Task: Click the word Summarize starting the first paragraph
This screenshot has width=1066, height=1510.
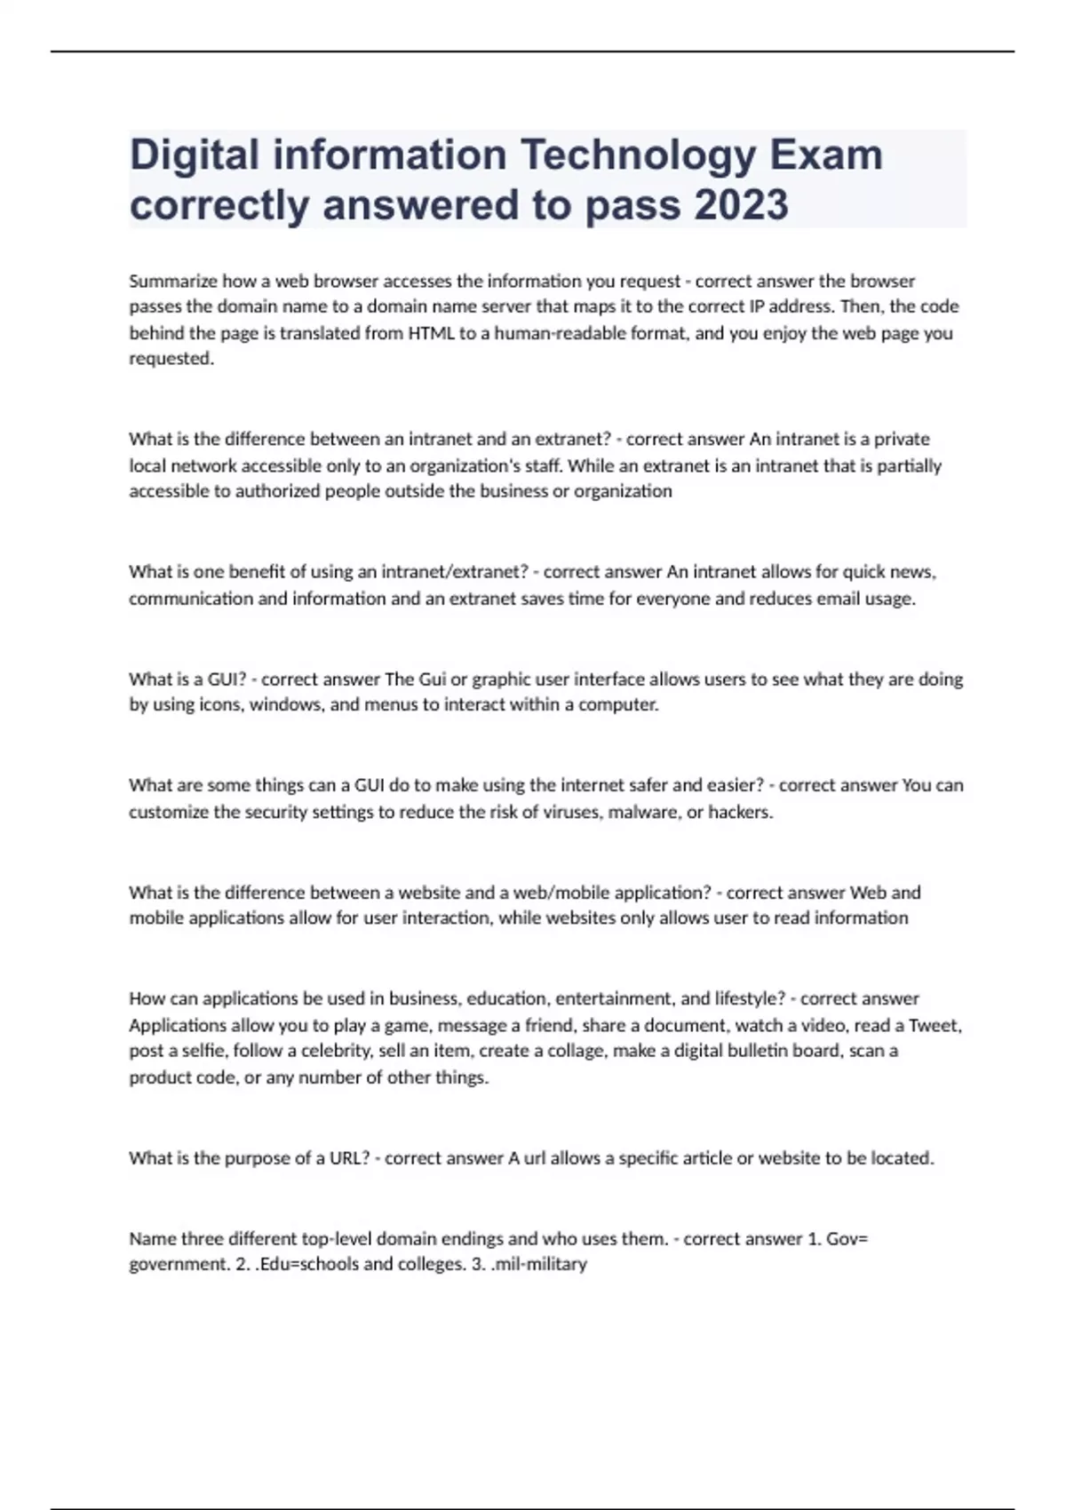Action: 173,282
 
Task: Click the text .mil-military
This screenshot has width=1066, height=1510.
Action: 538,1264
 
